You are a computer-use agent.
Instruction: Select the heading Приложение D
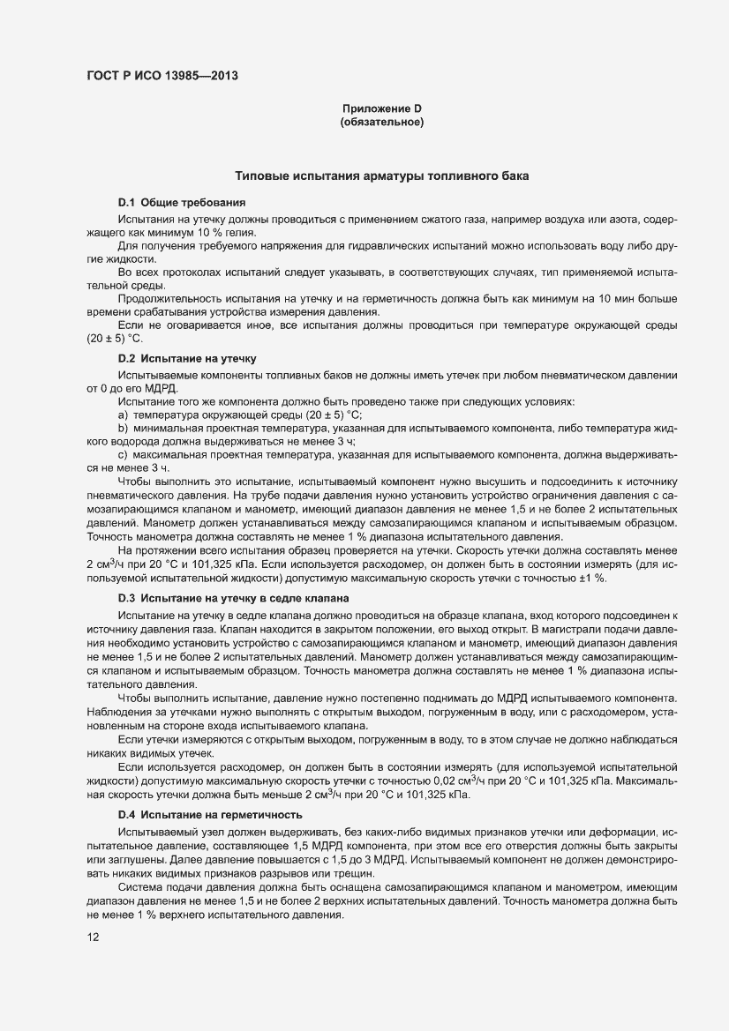pos(382,108)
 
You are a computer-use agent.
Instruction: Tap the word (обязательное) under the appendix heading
pos(382,123)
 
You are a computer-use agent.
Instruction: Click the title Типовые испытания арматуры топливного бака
pos(381,176)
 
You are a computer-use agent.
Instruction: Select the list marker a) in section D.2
pos(124,415)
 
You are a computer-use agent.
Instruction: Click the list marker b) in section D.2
pos(124,428)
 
